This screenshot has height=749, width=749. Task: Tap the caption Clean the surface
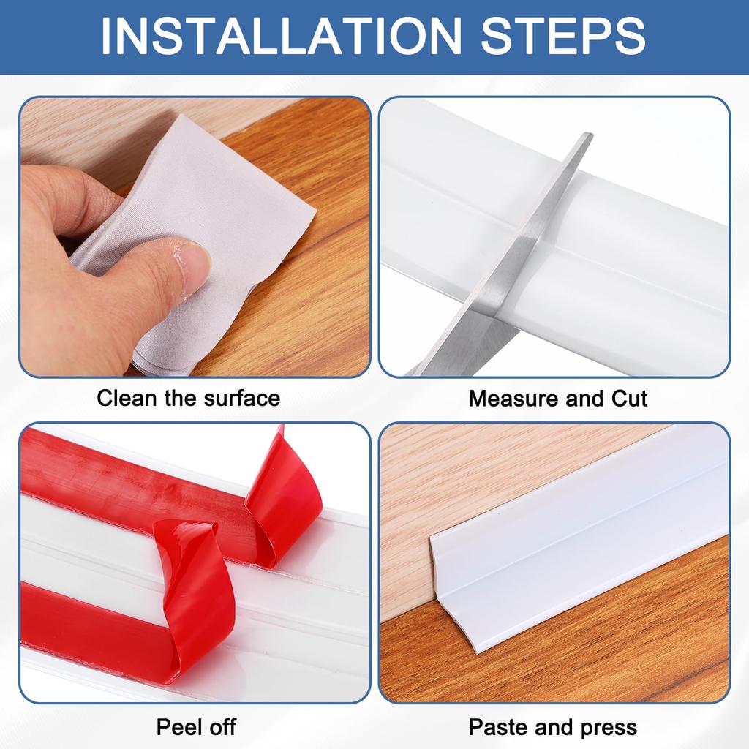(x=188, y=399)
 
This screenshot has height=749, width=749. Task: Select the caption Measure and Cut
(x=557, y=399)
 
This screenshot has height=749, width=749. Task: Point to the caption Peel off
(x=196, y=728)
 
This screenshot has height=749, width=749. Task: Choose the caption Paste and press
(x=552, y=728)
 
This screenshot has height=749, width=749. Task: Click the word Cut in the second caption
(x=629, y=399)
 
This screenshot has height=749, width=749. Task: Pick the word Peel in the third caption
(x=177, y=728)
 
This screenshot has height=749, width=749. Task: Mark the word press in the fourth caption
(x=606, y=728)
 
